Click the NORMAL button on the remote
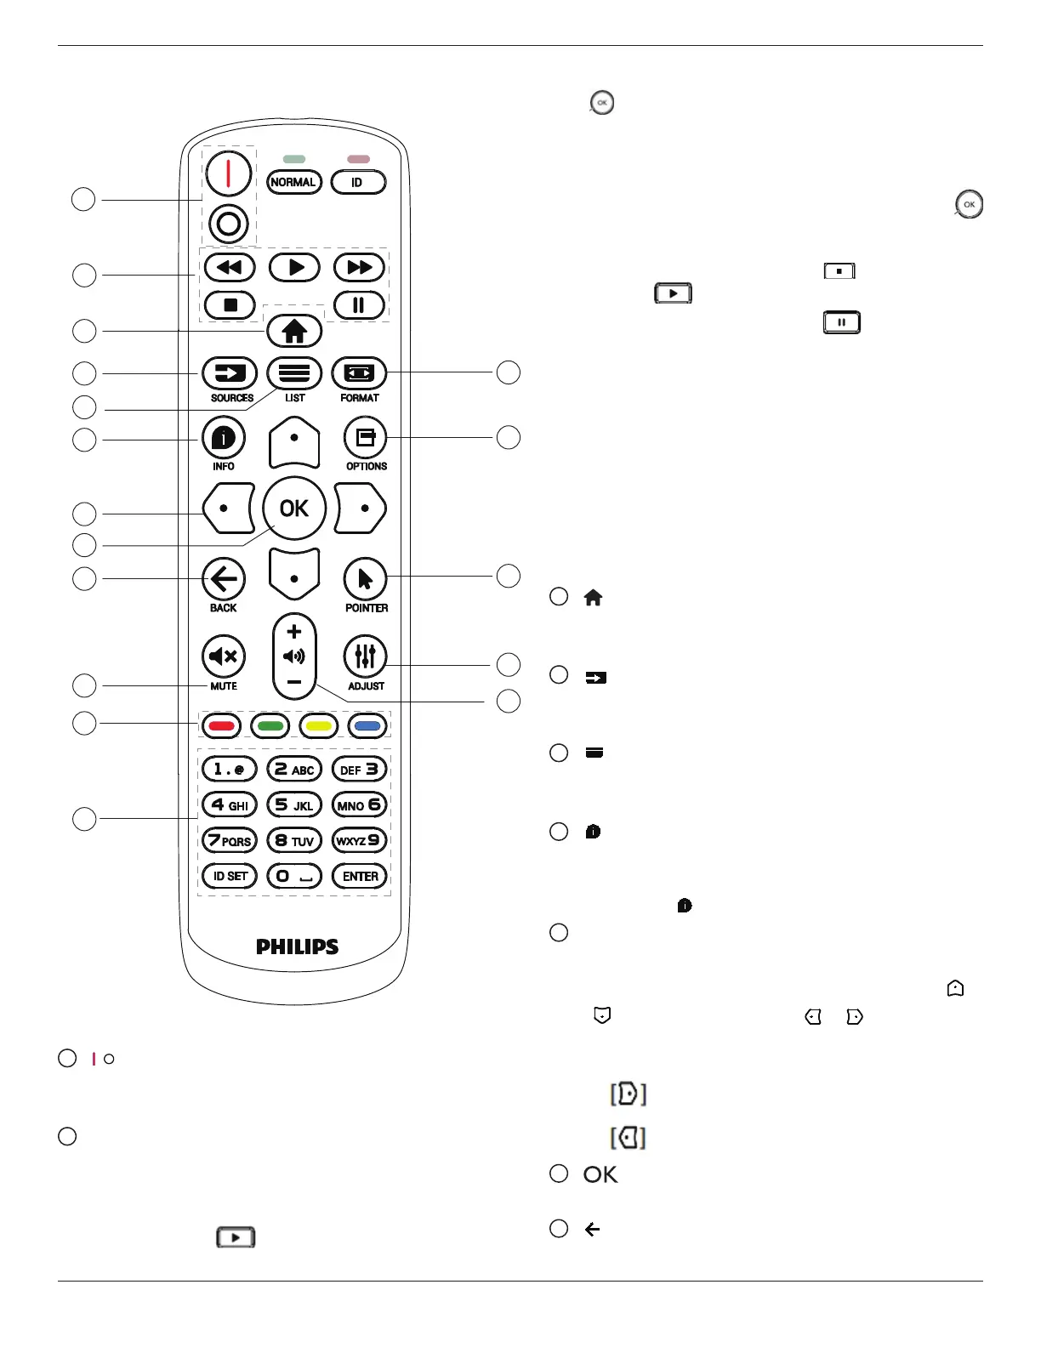click(x=293, y=182)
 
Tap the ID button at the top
click(x=357, y=182)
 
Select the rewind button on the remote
click(x=229, y=268)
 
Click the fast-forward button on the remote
click(x=359, y=268)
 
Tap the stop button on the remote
click(x=230, y=304)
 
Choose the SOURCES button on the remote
click(x=230, y=373)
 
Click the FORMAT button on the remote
click(x=359, y=373)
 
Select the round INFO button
click(x=224, y=438)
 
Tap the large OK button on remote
click(x=294, y=509)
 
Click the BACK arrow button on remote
click(x=224, y=580)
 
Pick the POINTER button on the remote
click(x=365, y=580)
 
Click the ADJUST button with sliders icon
click(x=365, y=656)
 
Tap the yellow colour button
click(x=319, y=726)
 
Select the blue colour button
click(x=367, y=726)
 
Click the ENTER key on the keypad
click(x=360, y=876)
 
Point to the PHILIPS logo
click(x=297, y=946)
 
